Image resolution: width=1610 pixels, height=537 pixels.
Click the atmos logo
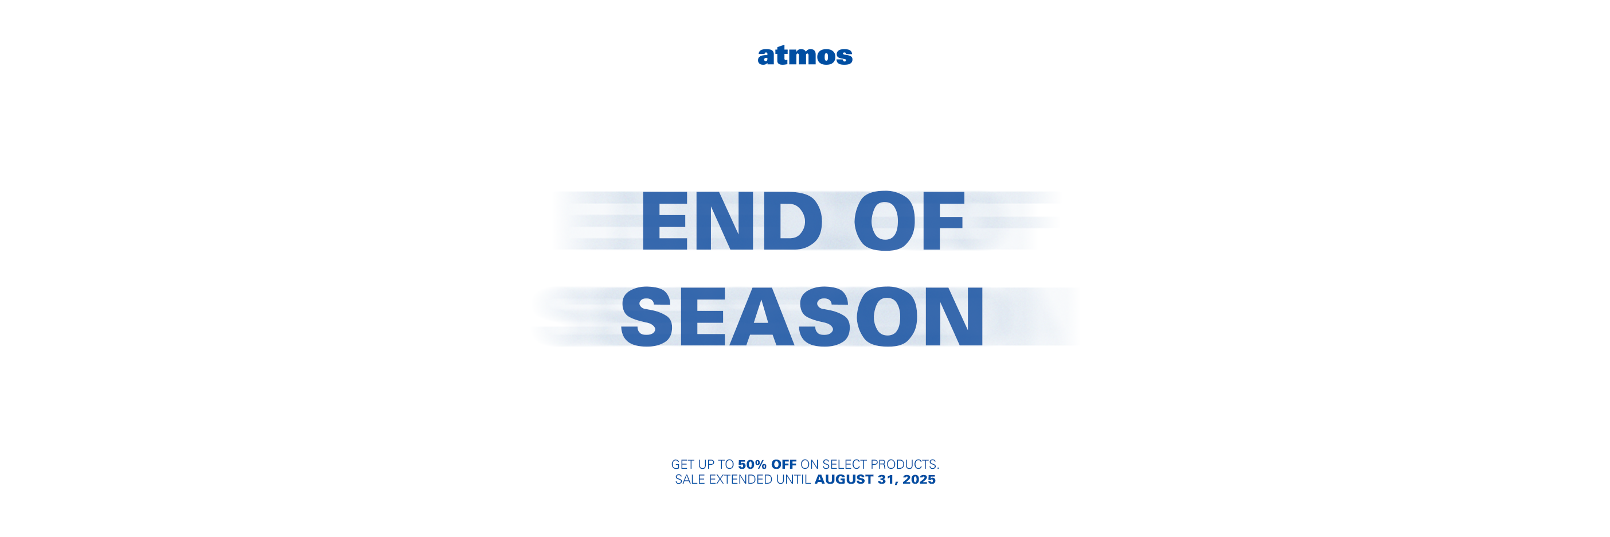pyautogui.click(x=805, y=55)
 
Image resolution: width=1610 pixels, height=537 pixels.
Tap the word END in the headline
pyautogui.click(x=732, y=221)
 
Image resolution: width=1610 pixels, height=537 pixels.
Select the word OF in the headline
pyautogui.click(x=909, y=221)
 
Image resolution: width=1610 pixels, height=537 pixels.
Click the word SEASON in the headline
pyautogui.click(x=802, y=316)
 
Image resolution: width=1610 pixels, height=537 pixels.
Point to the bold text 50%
pyautogui.click(x=752, y=465)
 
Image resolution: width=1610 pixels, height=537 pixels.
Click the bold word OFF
pyautogui.click(x=784, y=465)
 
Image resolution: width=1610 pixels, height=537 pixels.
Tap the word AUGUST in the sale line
pyautogui.click(x=844, y=480)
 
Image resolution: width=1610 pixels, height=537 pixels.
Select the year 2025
pyautogui.click(x=919, y=480)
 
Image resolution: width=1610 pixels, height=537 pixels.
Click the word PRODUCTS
pyautogui.click(x=905, y=465)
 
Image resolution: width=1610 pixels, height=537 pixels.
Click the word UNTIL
pyautogui.click(x=793, y=480)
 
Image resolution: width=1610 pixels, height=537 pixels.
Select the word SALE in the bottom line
pyautogui.click(x=690, y=480)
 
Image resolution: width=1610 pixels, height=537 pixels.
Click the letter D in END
pyautogui.click(x=792, y=221)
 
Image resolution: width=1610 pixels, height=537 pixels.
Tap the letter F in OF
pyautogui.click(x=944, y=221)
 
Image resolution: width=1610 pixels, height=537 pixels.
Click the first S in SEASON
pyautogui.click(x=647, y=316)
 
